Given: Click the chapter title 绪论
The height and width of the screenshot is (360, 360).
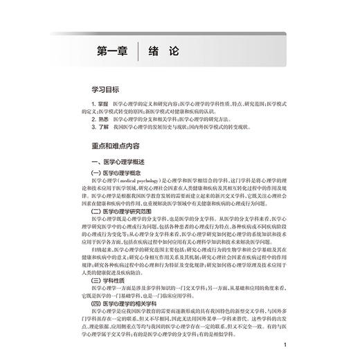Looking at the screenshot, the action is [x=168, y=51].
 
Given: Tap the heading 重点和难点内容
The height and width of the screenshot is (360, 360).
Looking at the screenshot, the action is [x=109, y=146].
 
